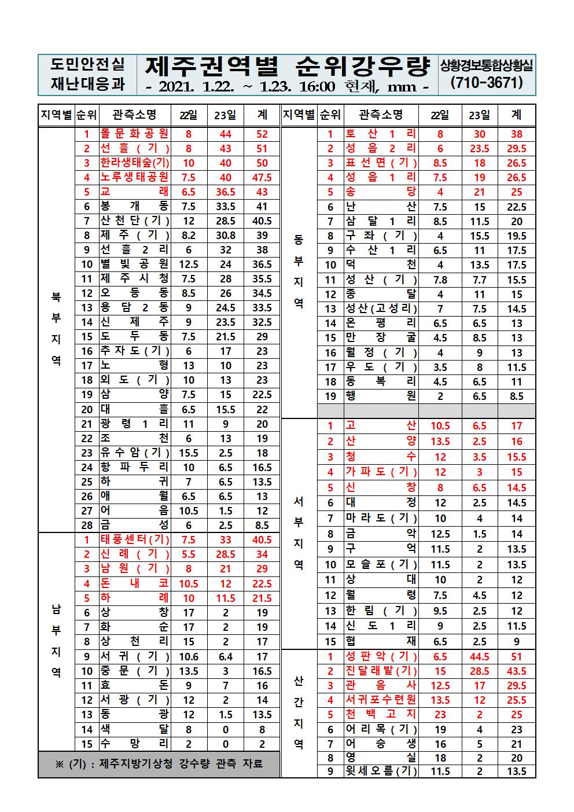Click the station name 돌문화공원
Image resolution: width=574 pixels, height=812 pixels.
134,134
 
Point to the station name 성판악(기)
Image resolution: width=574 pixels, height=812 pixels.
381,656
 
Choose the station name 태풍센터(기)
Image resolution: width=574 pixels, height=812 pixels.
134,539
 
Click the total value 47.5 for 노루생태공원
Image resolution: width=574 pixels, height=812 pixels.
262,177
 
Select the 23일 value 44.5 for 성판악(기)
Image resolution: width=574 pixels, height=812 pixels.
479,656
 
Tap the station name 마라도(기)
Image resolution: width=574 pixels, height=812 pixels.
381,519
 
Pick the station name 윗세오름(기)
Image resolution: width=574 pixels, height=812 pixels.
381,771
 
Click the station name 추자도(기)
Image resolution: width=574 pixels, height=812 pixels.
134,351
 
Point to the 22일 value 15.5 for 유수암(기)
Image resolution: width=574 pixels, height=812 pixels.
189,453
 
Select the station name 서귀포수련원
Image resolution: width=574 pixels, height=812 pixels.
381,700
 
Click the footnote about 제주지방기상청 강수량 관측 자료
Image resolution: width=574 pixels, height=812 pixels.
159,763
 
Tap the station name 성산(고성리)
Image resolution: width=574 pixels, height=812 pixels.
381,308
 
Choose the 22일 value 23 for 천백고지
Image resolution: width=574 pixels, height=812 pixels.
440,714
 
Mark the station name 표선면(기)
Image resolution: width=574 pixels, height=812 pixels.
381,163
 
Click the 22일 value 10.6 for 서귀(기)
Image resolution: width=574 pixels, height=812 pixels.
189,656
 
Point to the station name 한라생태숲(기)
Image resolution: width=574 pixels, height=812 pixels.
134,163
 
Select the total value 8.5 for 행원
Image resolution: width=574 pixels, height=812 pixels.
516,396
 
